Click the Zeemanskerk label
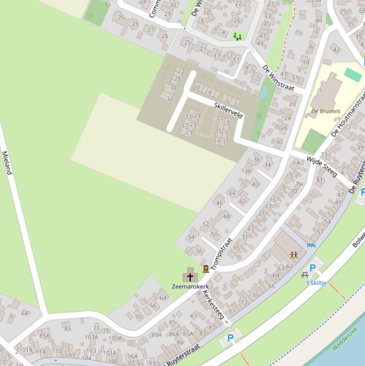(190, 287)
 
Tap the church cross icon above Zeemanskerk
(190, 276)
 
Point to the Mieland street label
(6, 163)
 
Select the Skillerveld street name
(228, 110)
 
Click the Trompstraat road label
(222, 254)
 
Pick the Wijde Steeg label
(322, 166)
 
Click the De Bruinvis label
(326, 111)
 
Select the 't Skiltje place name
(316, 283)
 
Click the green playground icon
(237, 36)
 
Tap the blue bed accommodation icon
(311, 245)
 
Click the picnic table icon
(305, 275)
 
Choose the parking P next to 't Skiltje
(312, 268)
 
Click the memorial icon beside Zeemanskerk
(206, 269)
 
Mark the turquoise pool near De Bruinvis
(353, 75)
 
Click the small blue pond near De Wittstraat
(263, 92)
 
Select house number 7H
(299, 184)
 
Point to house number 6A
(25, 313)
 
